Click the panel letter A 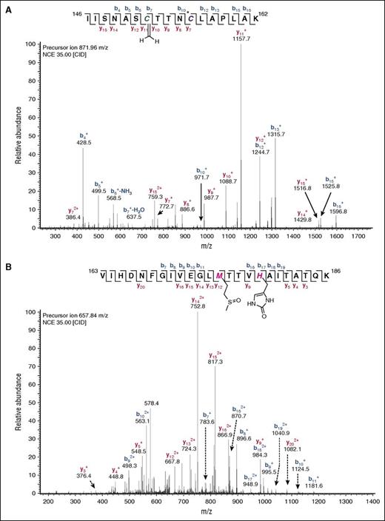pyautogui.click(x=7, y=6)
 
